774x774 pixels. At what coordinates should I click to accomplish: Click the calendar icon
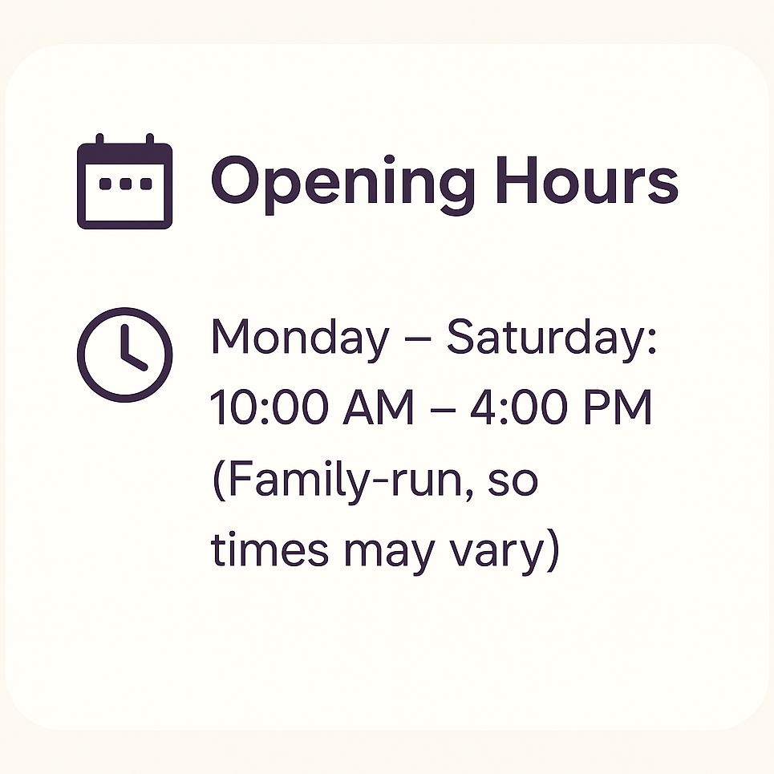point(125,181)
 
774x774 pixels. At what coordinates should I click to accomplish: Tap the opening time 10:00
point(269,407)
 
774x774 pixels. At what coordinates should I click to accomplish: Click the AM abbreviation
point(378,407)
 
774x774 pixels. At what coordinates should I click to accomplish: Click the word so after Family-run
point(513,480)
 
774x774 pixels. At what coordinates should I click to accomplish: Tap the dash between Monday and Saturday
point(418,341)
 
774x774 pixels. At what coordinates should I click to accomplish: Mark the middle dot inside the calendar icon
point(125,184)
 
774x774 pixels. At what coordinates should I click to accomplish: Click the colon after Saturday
point(651,340)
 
